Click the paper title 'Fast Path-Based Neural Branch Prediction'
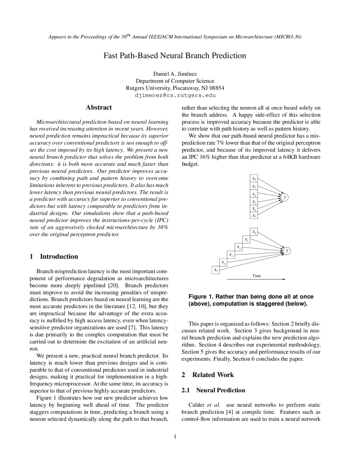point(175,56)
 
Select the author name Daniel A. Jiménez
point(175,74)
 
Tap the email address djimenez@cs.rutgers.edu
point(175,95)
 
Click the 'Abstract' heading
point(99,107)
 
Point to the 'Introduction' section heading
point(59,256)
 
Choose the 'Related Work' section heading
point(213,375)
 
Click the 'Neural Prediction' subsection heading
point(220,390)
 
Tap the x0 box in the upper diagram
point(254,179)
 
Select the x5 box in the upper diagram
point(254,216)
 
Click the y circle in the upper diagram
point(285,197)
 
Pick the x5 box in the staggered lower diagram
point(215,270)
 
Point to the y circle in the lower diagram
point(287,250)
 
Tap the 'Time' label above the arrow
point(256,276)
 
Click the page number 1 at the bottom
point(175,436)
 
